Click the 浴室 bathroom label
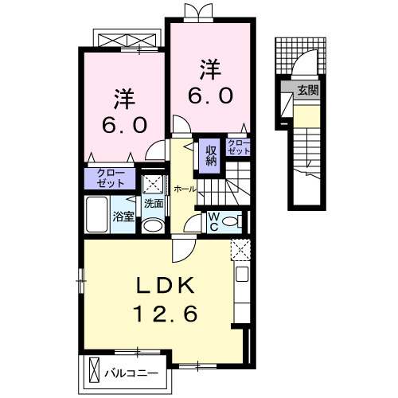[123, 216]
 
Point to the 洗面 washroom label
[154, 203]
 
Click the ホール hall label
[184, 189]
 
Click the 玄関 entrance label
[309, 90]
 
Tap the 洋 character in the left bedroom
[123, 100]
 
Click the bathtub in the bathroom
[97, 214]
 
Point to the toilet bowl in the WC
[233, 221]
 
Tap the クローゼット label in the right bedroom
[238, 146]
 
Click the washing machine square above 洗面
[153, 184]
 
